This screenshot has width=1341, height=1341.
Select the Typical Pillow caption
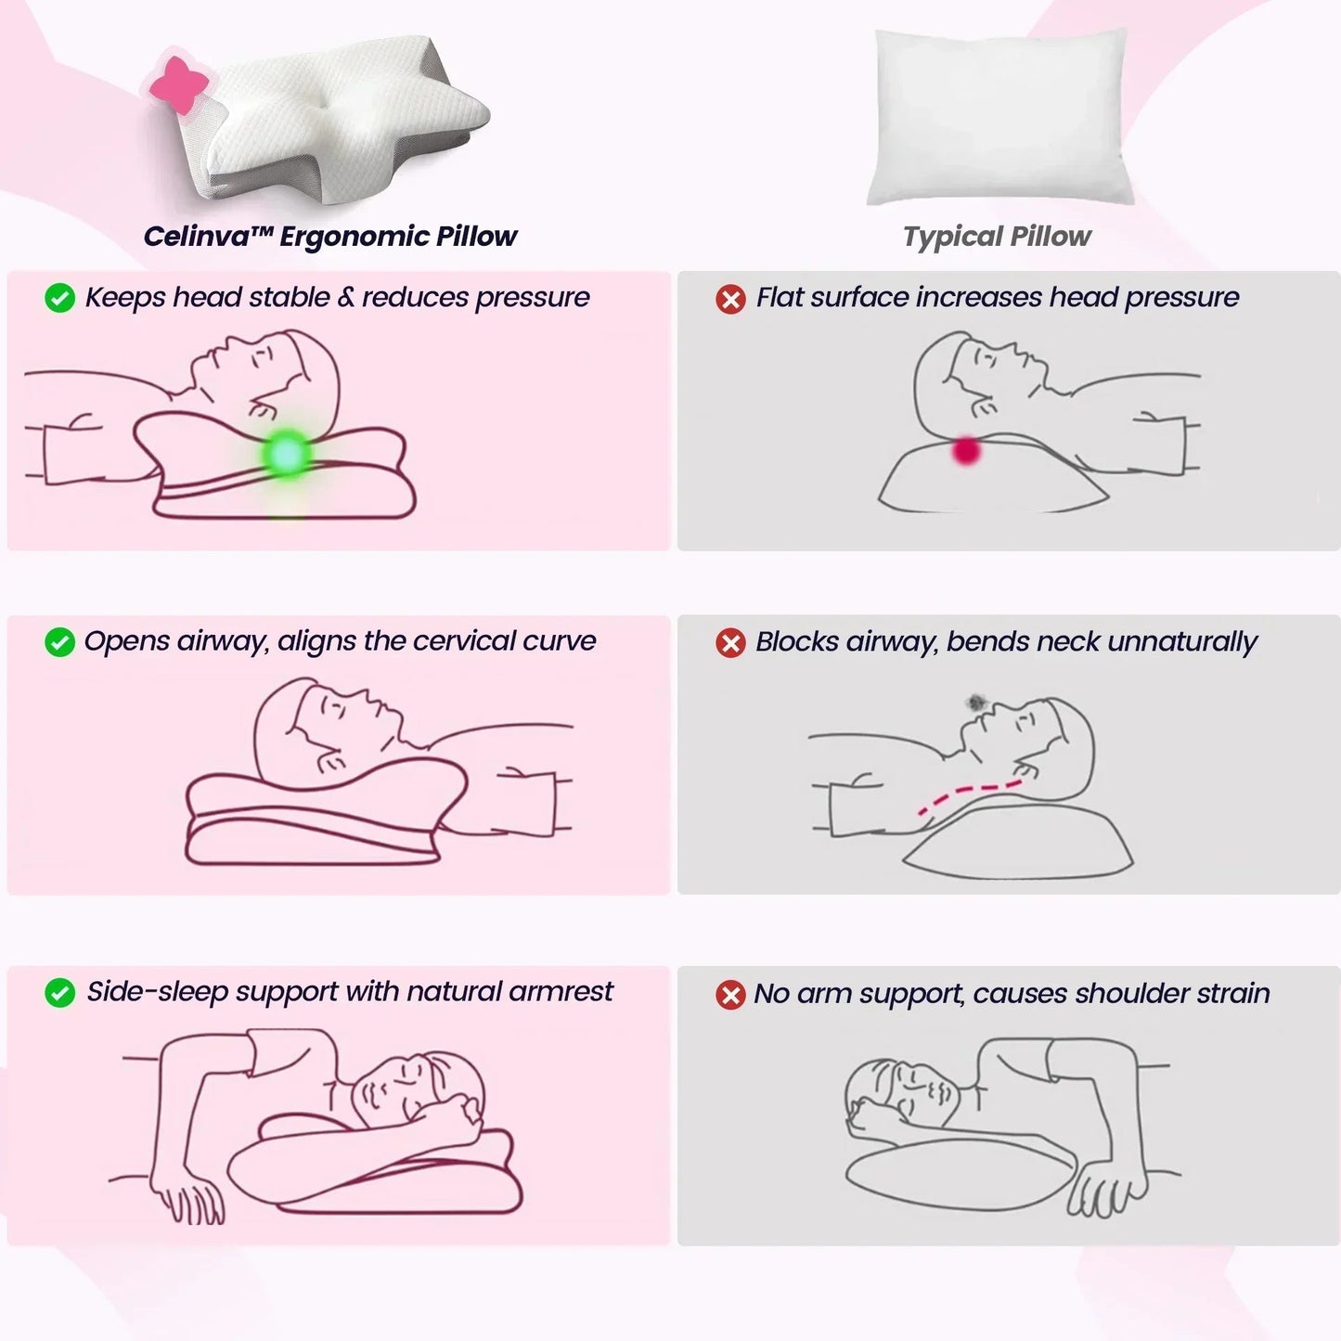tap(997, 237)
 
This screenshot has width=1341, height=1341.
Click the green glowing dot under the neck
tap(287, 454)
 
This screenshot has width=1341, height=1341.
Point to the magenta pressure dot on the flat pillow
tap(966, 451)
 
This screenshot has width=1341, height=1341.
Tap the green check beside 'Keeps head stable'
tap(60, 299)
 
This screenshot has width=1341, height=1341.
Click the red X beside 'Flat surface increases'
tap(730, 299)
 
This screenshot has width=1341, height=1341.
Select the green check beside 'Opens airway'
tap(60, 642)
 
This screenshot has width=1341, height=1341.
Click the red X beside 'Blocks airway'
tap(730, 642)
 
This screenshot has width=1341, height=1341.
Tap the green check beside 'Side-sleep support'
tap(60, 993)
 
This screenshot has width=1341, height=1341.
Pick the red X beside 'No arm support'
tap(730, 995)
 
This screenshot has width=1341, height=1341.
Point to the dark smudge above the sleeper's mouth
tap(974, 703)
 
